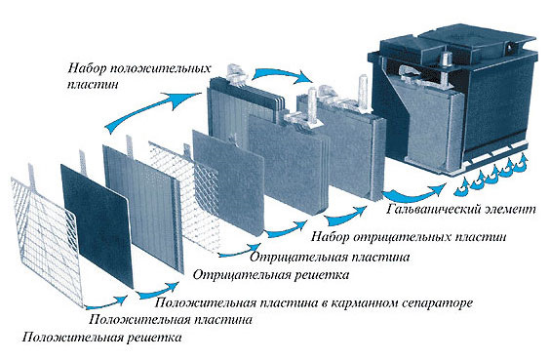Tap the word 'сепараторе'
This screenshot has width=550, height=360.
click(436, 302)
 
